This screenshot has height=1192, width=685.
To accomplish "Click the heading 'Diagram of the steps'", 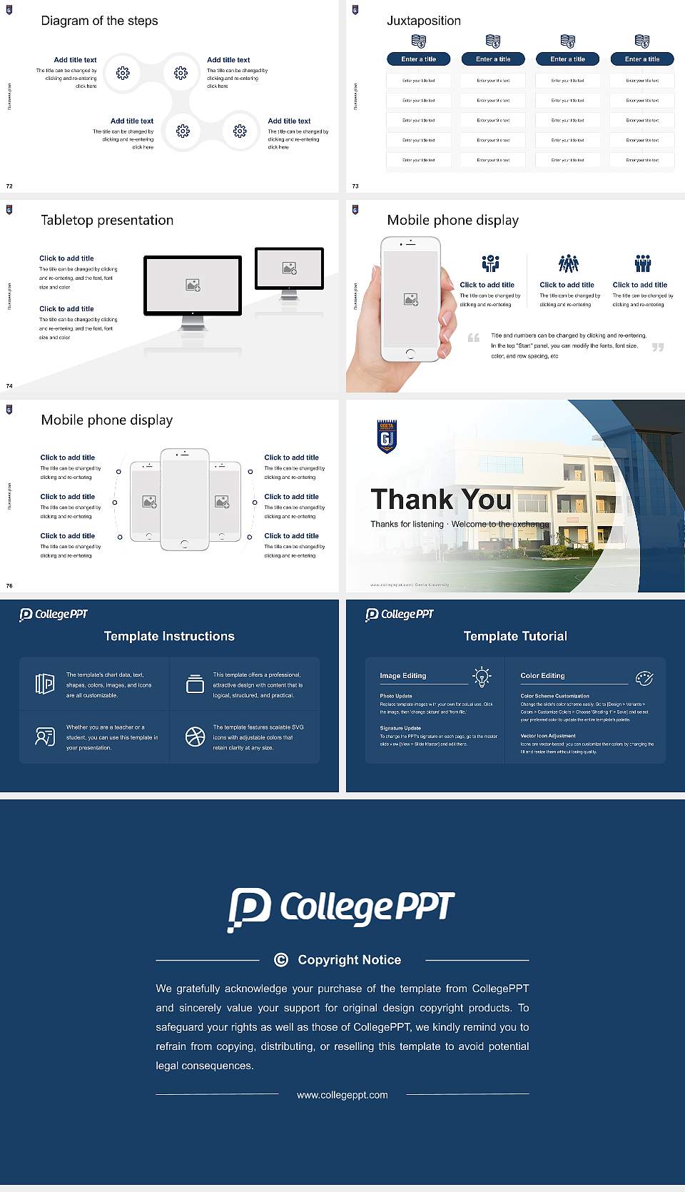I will [99, 21].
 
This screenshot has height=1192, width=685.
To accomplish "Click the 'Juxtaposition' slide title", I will [423, 21].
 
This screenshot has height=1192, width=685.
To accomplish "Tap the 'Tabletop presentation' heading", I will [107, 221].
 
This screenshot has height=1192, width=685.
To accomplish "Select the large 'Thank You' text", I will [441, 500].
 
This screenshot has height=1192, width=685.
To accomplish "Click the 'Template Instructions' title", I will [169, 636].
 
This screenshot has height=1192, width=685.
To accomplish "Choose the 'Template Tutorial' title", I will [515, 636].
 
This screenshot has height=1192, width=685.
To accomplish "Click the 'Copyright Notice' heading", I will [349, 960].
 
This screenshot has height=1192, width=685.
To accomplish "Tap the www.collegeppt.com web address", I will [342, 1095].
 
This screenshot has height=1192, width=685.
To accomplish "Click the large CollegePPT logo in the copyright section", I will [341, 908].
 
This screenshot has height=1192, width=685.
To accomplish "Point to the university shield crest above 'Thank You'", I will [386, 436].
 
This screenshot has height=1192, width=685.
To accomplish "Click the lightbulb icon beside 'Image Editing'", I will [482, 677].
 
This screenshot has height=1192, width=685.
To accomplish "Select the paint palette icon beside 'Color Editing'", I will [644, 678].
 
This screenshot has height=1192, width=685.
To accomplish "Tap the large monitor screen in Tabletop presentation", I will [193, 286].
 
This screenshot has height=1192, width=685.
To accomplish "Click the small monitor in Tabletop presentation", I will [289, 268].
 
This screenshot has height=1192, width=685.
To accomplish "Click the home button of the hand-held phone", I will [410, 353].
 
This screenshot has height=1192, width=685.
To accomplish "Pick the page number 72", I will [9, 186].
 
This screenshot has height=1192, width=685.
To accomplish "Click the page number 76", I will [9, 586].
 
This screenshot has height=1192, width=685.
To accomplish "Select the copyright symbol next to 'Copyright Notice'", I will [281, 960].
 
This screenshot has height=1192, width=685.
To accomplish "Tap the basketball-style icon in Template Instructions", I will [195, 737].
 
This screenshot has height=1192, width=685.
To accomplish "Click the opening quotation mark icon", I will [474, 338].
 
